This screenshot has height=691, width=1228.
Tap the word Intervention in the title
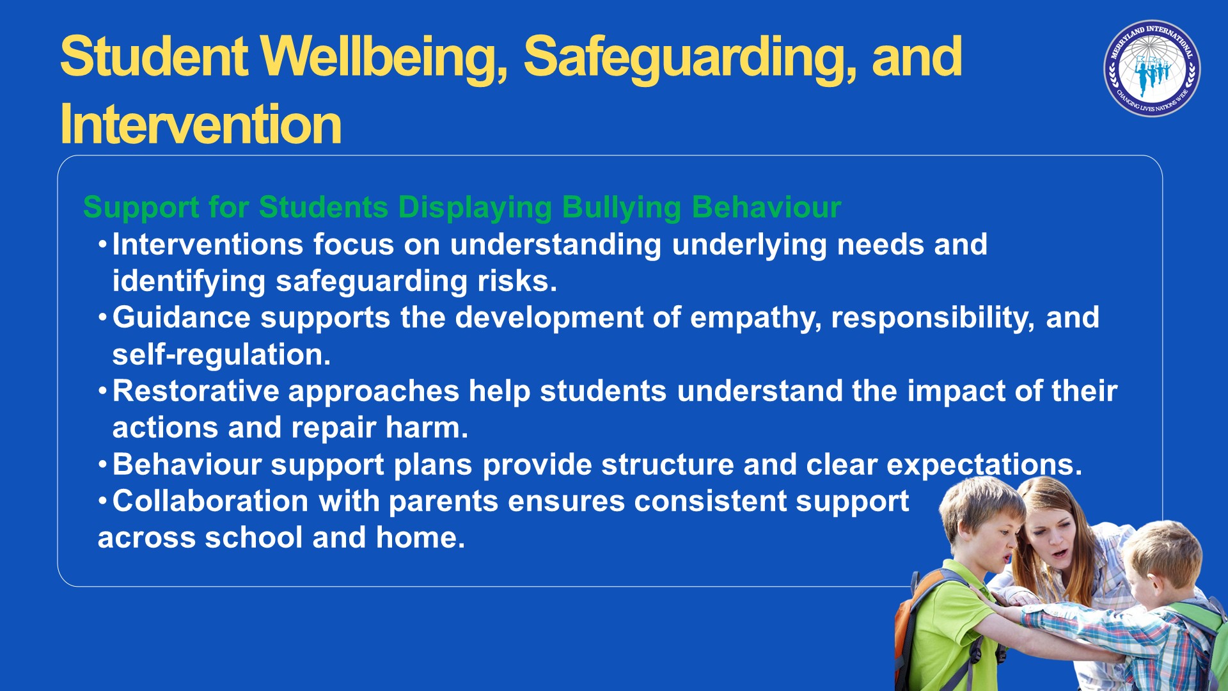[201, 124]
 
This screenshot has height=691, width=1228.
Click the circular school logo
[1152, 68]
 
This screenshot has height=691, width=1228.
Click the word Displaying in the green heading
[475, 208]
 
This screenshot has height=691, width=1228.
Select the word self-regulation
[221, 354]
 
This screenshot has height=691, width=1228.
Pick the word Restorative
[196, 391]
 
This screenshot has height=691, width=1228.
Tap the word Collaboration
[210, 501]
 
